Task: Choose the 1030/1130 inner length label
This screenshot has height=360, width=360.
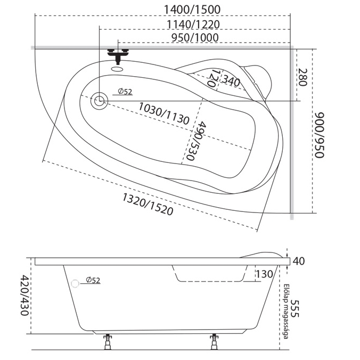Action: tap(163, 113)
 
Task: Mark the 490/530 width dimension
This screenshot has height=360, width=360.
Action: tap(195, 141)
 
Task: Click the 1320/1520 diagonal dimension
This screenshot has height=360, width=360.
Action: tap(148, 204)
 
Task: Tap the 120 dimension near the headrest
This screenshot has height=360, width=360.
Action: tap(213, 78)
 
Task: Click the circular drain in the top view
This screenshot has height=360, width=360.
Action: tap(99, 100)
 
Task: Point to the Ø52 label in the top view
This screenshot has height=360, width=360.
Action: tap(124, 92)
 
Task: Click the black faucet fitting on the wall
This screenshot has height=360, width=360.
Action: tap(118, 54)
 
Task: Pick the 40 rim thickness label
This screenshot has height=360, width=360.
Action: tap(298, 261)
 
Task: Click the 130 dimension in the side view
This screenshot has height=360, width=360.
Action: tap(264, 274)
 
